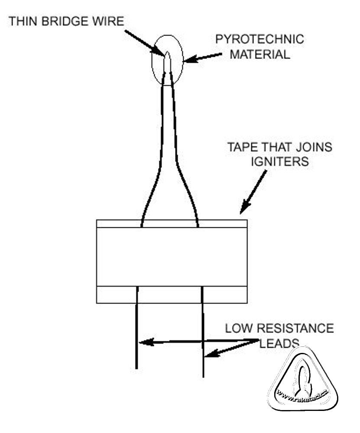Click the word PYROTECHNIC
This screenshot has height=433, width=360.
(260, 39)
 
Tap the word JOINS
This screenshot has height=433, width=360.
(314, 147)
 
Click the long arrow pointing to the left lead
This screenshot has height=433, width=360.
(195, 341)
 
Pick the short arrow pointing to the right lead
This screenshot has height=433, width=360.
(230, 349)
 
